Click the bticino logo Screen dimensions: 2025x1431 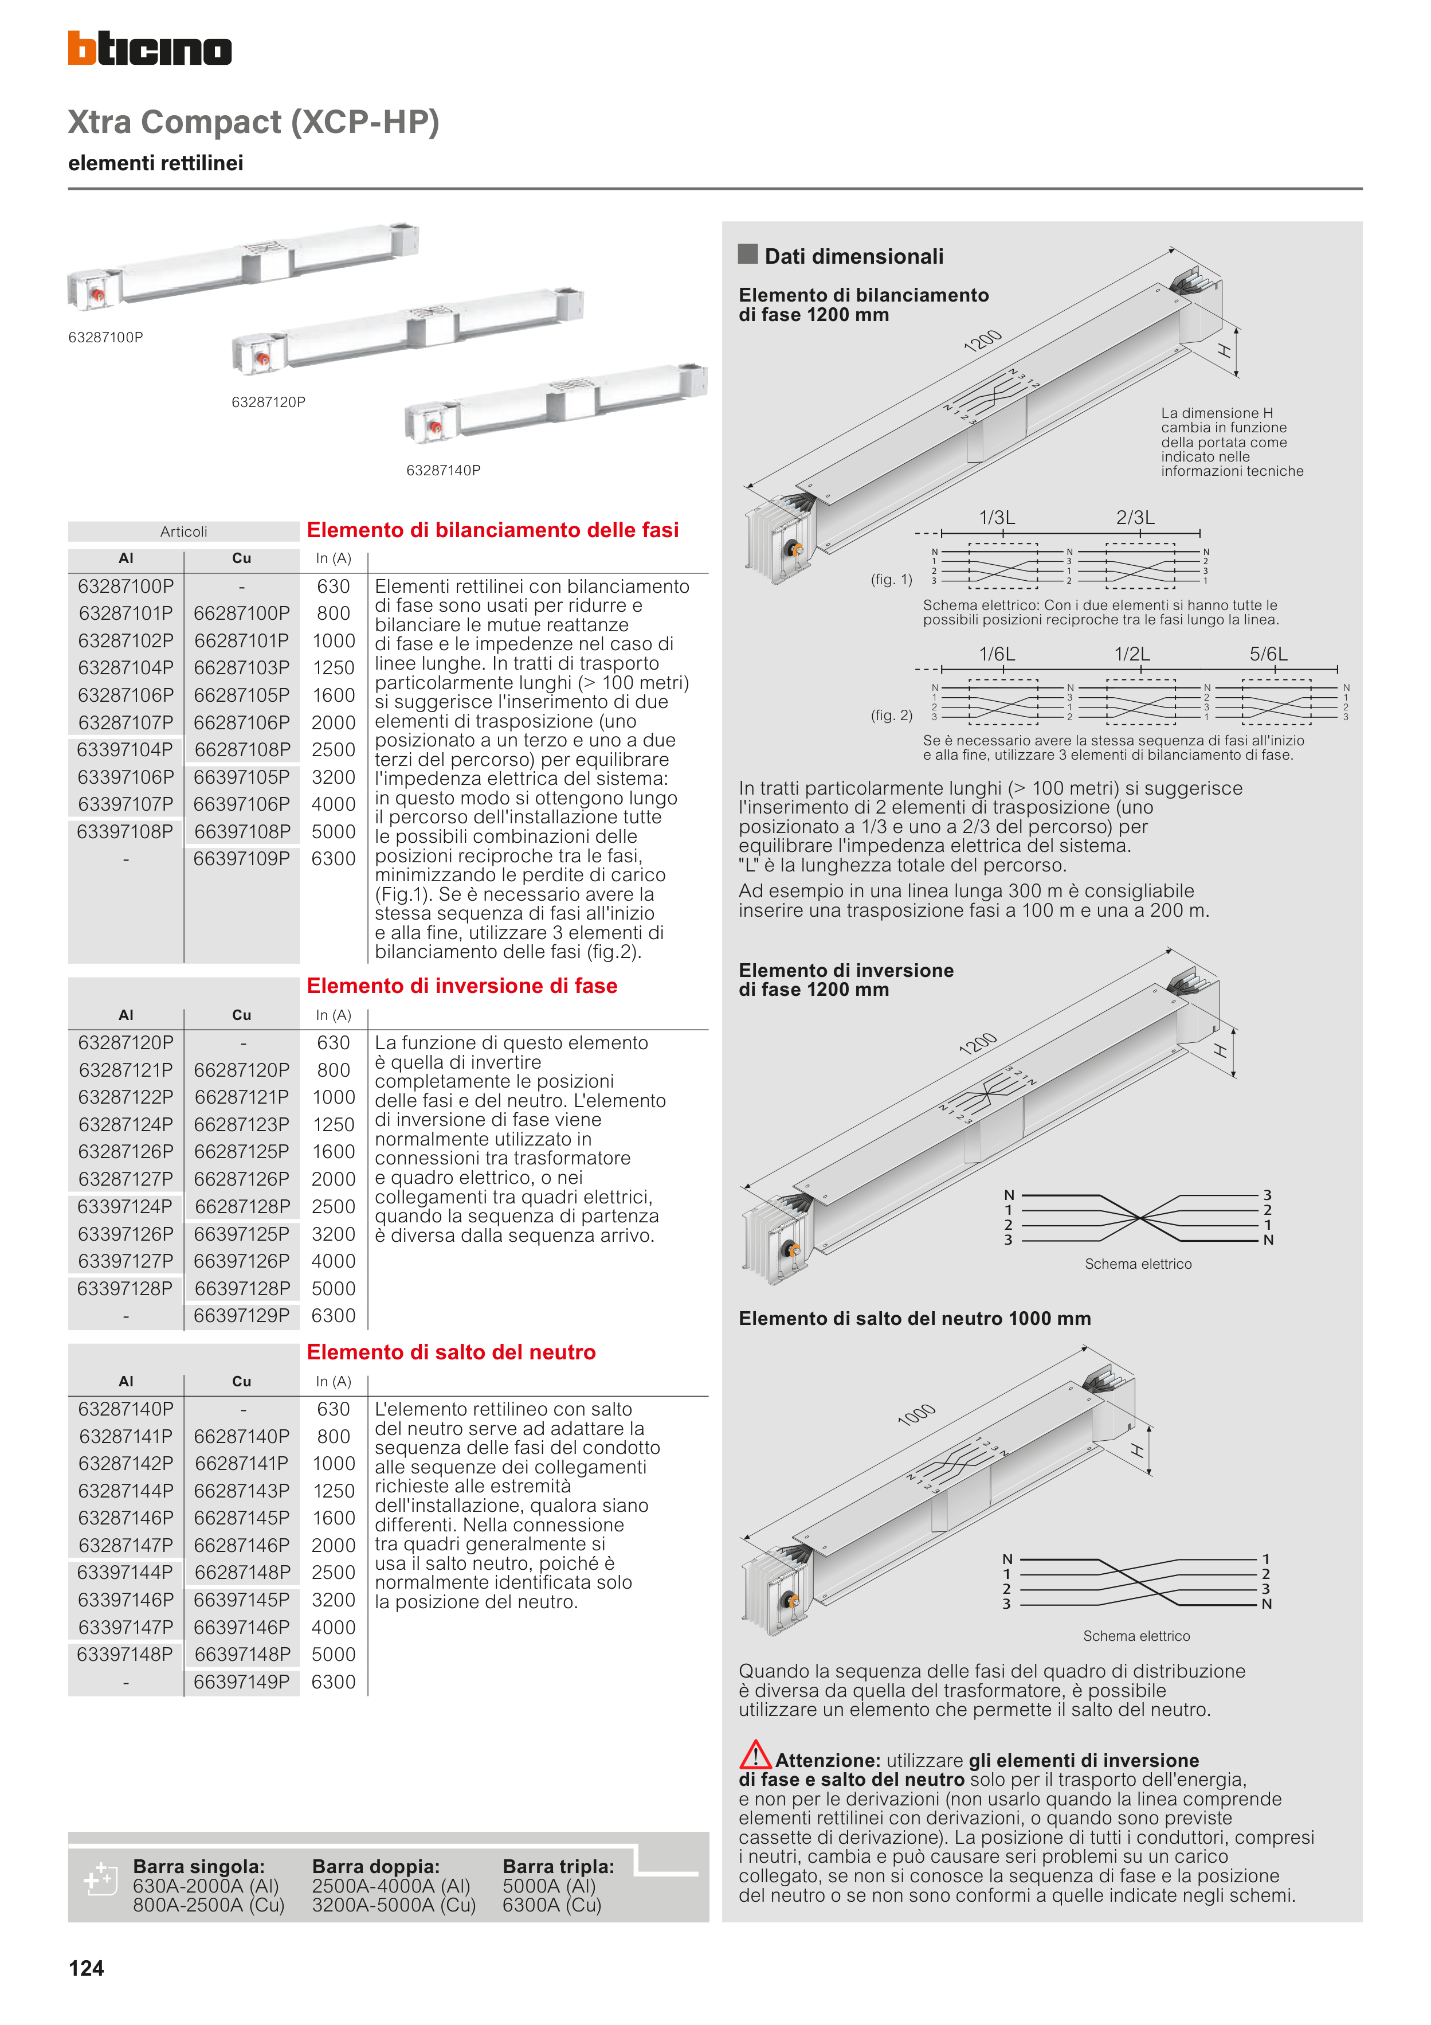(150, 49)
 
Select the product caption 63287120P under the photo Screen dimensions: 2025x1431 (268, 402)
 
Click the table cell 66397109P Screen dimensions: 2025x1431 (242, 859)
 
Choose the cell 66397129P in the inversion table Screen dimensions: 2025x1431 (242, 1316)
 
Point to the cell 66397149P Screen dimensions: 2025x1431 (242, 1682)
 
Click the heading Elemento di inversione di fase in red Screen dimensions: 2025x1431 (462, 986)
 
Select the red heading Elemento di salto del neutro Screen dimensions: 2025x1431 (452, 1352)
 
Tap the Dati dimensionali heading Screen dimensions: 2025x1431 (853, 257)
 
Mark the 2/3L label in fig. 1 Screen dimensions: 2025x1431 (1135, 518)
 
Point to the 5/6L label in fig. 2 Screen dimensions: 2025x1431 (1268, 654)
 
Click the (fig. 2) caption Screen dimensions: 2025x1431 (891, 716)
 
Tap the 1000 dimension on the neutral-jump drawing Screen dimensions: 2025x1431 (916, 1414)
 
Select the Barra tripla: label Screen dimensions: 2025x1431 (558, 1866)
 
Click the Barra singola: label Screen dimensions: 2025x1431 (198, 1866)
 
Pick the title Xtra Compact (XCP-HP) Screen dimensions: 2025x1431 (254, 122)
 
